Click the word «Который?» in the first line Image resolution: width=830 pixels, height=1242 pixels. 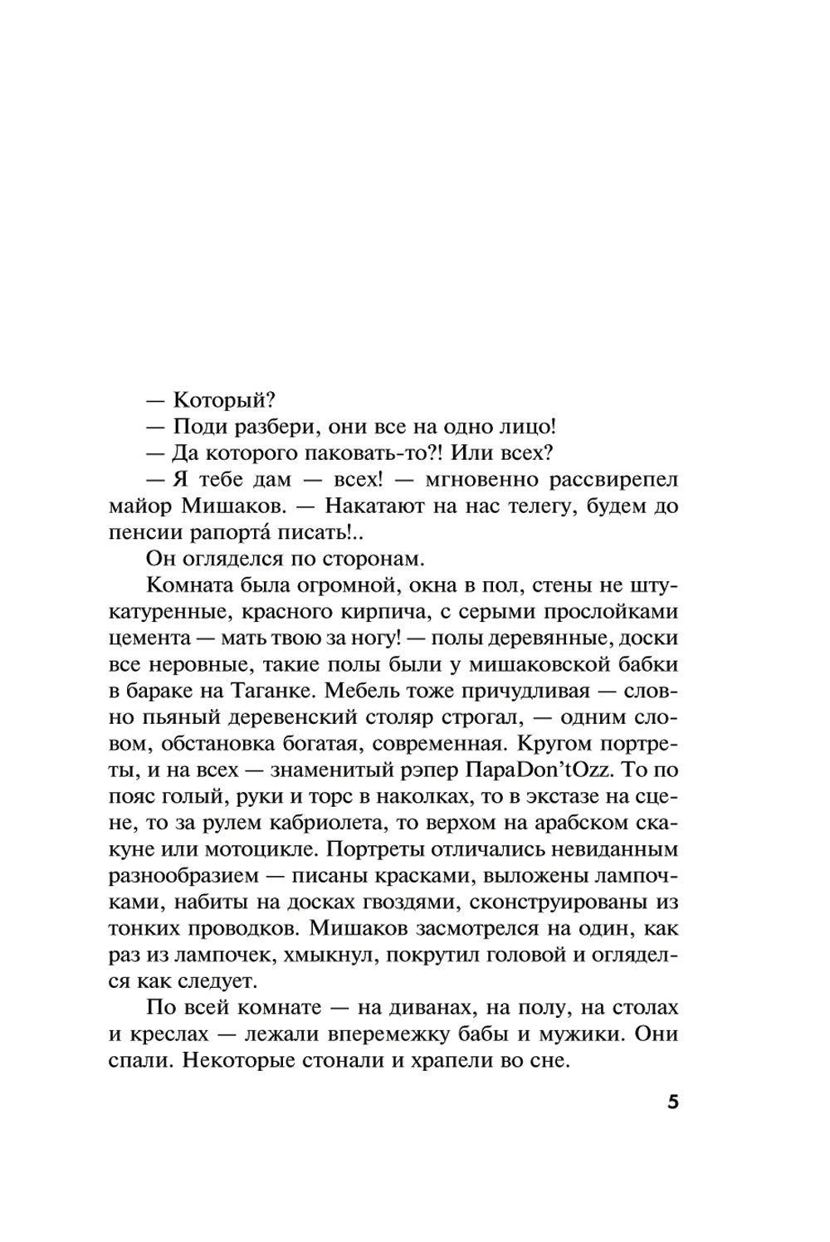click(x=222, y=399)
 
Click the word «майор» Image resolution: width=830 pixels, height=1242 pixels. click(x=139, y=506)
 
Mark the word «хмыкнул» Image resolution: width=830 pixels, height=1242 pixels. click(x=327, y=957)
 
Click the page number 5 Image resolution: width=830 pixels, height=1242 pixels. click(x=672, y=1104)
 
